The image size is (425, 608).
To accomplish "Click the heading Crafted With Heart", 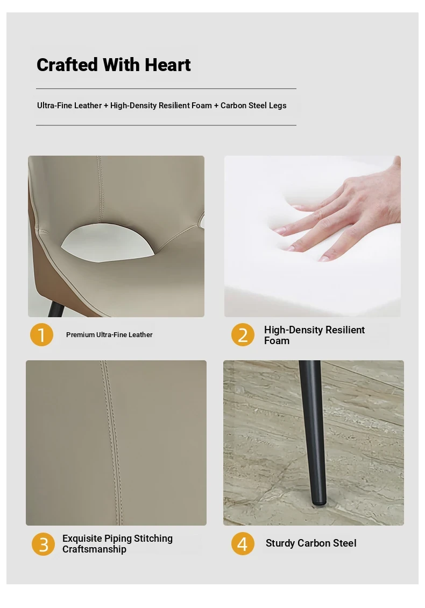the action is pyautogui.click(x=114, y=65).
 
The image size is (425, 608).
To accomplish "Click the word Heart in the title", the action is pyautogui.click(x=168, y=65).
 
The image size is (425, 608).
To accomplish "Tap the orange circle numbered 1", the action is pyautogui.click(x=41, y=334).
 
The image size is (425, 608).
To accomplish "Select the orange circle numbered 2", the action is pyautogui.click(x=243, y=334).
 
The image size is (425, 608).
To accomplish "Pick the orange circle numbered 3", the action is pyautogui.click(x=44, y=544).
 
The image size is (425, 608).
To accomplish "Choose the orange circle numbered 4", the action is pyautogui.click(x=243, y=543).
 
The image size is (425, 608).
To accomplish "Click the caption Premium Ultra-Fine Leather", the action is pyautogui.click(x=109, y=334).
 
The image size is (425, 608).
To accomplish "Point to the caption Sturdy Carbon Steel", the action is pyautogui.click(x=311, y=543).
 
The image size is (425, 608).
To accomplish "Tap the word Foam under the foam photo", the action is pyautogui.click(x=277, y=341).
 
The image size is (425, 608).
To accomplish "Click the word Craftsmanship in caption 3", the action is pyautogui.click(x=94, y=549).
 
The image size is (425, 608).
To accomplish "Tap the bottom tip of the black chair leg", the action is pyautogui.click(x=319, y=504).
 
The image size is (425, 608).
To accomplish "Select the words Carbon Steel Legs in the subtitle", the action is pyautogui.click(x=253, y=106).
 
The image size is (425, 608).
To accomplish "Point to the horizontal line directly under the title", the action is pyautogui.click(x=166, y=89).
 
